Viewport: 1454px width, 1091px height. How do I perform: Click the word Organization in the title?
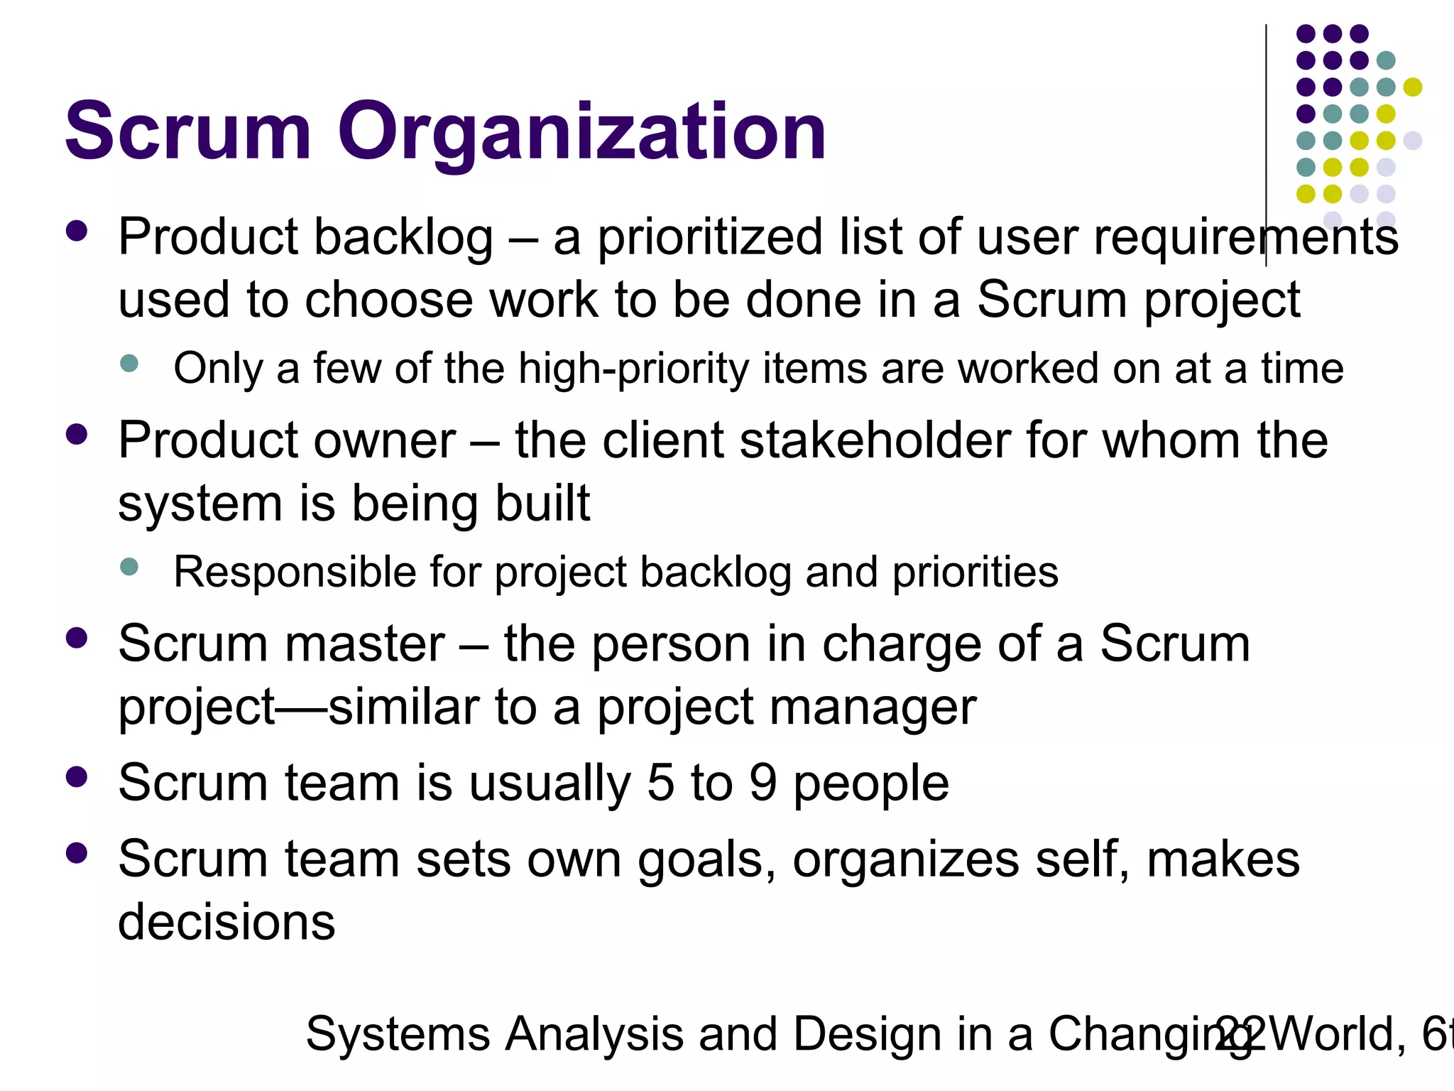click(581, 132)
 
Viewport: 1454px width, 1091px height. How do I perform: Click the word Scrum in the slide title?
click(188, 132)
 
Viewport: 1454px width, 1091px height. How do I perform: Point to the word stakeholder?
click(875, 440)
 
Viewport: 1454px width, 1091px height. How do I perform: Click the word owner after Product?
click(384, 440)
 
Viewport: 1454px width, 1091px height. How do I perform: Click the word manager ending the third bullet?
click(873, 707)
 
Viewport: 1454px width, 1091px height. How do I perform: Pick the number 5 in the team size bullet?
click(660, 783)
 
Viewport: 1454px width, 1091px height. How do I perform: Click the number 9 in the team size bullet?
click(763, 783)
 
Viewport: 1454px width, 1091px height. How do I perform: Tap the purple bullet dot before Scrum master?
click(76, 638)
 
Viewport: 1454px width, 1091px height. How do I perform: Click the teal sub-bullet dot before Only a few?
click(129, 364)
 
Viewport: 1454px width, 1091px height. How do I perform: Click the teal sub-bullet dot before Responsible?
click(129, 567)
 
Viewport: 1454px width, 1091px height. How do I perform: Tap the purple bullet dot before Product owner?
click(76, 434)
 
